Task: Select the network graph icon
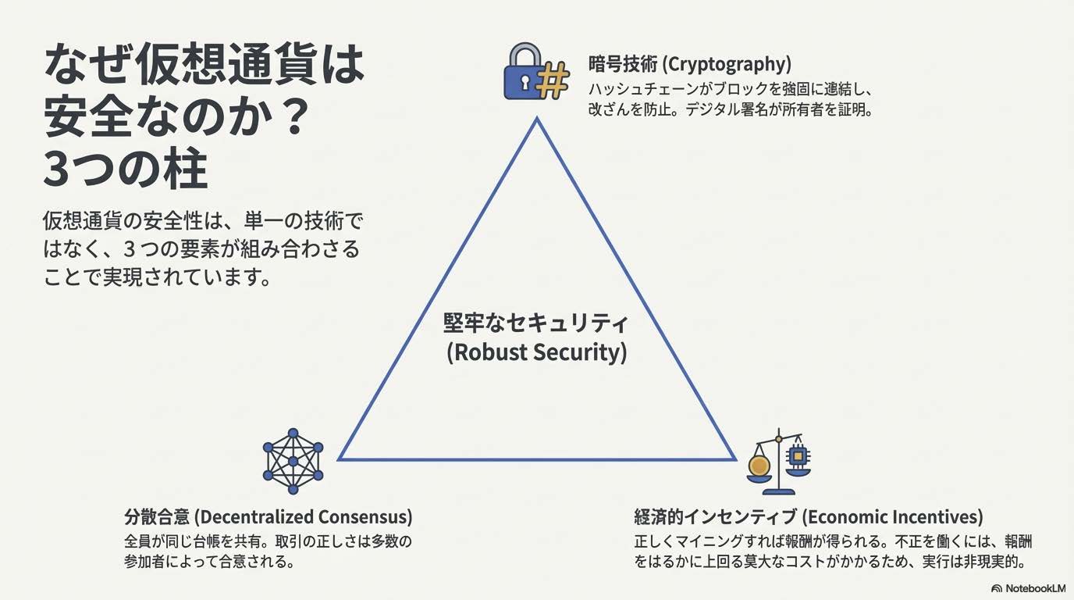[293, 461]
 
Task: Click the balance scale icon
[778, 462]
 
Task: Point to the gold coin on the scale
[759, 466]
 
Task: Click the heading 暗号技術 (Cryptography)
[689, 63]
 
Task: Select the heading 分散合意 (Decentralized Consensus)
[268, 516]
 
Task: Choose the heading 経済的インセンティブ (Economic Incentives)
[808, 516]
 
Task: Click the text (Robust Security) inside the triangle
[536, 352]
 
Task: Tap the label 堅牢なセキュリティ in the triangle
[536, 322]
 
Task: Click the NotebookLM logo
[1028, 587]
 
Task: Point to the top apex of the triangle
[537, 119]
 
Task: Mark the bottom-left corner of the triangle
[340, 459]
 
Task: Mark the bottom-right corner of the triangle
[734, 459]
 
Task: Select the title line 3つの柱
[125, 170]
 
